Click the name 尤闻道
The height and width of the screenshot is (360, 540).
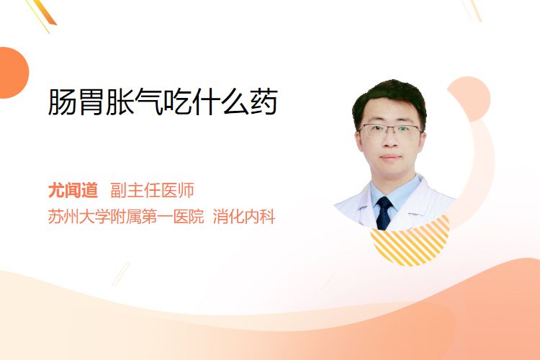click(73, 190)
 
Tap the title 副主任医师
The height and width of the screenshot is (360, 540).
click(152, 190)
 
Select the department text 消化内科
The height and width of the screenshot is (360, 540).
click(244, 217)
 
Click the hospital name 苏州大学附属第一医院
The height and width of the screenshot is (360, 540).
click(126, 217)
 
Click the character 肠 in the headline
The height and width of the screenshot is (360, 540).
click(62, 102)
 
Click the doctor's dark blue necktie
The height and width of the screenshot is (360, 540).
click(384, 212)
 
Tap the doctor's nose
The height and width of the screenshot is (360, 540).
click(390, 140)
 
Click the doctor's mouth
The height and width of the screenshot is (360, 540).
click(390, 158)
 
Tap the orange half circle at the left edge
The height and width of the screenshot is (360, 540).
click(13, 73)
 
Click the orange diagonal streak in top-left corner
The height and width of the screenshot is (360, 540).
click(45, 12)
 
